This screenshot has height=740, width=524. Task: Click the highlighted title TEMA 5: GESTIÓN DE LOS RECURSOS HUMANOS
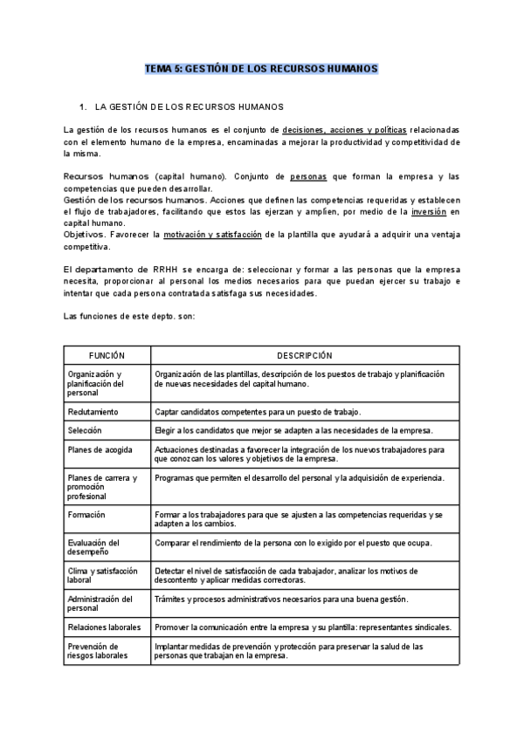[x=261, y=68]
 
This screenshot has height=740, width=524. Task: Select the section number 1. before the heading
[x=83, y=107]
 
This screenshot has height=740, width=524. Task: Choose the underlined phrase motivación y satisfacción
[x=213, y=235]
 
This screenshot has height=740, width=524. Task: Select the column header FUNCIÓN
[x=107, y=356]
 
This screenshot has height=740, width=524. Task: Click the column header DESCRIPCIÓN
[x=305, y=356]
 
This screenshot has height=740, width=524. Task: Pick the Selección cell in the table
[x=85, y=430]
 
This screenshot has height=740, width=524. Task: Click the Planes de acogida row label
[x=96, y=450]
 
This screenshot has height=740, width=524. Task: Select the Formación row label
[x=86, y=515]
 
